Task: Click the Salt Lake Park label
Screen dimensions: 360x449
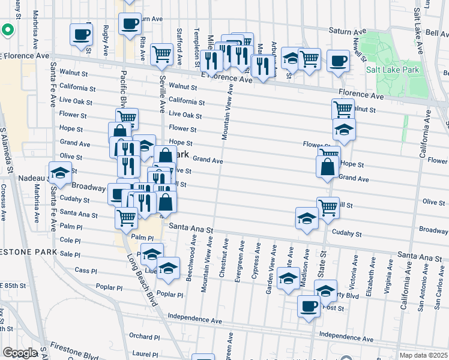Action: click(393, 70)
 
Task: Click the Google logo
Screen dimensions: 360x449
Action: click(19, 353)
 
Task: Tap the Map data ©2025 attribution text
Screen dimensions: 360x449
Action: click(423, 355)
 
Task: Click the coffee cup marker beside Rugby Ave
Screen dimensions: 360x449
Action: click(81, 34)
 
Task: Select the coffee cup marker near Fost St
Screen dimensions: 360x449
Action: click(309, 306)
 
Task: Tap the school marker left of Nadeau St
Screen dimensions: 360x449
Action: click(60, 173)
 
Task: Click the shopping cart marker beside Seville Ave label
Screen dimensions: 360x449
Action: click(162, 55)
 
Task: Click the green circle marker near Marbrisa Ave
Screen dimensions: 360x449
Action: click(8, 29)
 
